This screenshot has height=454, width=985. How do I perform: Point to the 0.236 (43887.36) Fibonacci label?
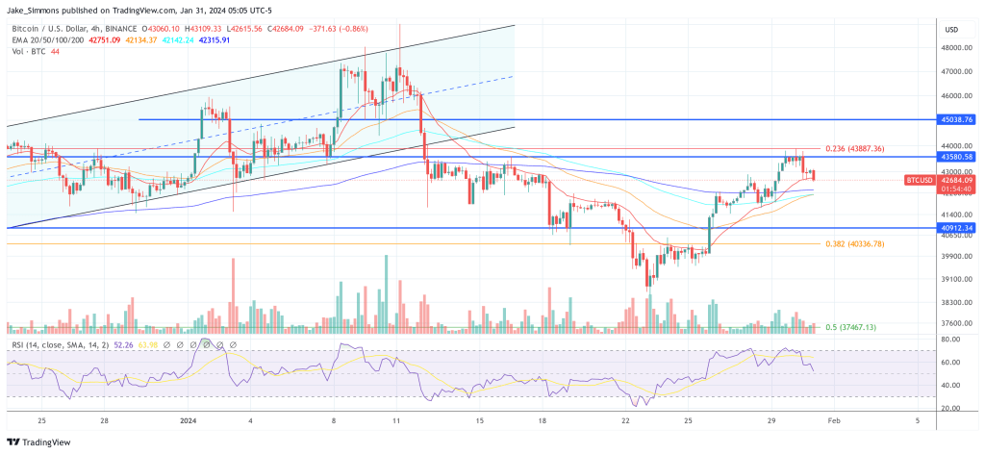click(854, 148)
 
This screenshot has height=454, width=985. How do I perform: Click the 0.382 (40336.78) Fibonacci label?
click(854, 244)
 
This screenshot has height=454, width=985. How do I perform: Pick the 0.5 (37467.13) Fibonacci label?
click(851, 327)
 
